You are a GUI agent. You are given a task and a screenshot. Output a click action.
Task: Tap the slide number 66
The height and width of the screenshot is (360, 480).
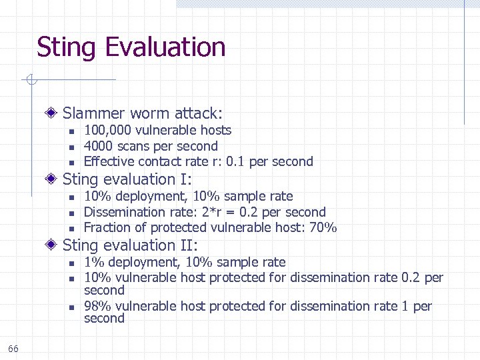click(x=13, y=349)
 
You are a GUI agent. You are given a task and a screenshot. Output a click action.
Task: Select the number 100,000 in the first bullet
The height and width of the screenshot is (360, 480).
click(x=103, y=130)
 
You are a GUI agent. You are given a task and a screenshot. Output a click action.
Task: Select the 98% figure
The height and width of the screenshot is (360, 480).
click(x=96, y=306)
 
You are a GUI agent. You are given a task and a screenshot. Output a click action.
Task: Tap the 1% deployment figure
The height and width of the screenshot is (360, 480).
click(x=93, y=262)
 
